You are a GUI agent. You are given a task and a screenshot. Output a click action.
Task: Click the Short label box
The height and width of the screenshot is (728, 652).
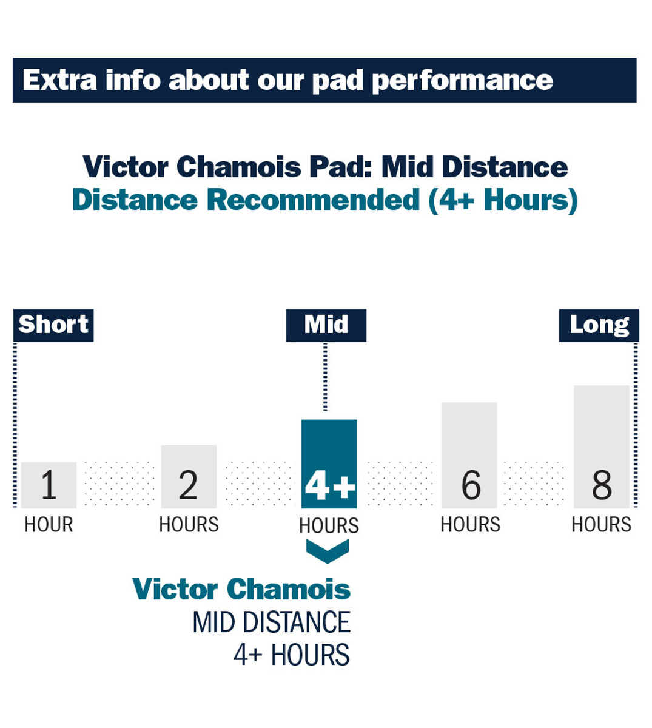tap(53, 325)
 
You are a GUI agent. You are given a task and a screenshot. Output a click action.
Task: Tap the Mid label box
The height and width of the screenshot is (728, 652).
tap(326, 325)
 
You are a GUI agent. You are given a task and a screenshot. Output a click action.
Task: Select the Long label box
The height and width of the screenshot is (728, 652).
tap(599, 325)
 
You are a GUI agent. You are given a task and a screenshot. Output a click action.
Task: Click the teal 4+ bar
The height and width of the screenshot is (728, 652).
tap(329, 464)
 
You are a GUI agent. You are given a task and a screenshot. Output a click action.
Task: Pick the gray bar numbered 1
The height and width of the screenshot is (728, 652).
tap(49, 485)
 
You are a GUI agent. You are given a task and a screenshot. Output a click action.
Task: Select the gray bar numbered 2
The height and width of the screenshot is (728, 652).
tap(189, 477)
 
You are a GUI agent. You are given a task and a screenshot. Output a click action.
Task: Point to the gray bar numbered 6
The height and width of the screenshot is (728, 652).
tap(469, 455)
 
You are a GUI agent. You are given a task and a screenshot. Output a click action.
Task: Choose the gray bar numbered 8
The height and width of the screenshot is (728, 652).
tap(602, 447)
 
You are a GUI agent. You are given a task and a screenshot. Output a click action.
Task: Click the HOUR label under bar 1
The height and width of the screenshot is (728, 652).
tap(49, 525)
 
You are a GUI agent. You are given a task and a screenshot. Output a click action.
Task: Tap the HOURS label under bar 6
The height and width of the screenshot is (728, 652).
tap(470, 525)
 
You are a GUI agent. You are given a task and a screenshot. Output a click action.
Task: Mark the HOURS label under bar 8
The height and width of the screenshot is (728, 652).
tap(601, 525)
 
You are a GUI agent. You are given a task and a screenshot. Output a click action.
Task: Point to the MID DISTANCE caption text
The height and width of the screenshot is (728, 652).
tap(272, 622)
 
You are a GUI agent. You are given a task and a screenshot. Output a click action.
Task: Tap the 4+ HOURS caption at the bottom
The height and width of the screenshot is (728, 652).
tap(292, 655)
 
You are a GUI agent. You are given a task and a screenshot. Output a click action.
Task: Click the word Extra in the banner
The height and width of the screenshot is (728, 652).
tap(59, 79)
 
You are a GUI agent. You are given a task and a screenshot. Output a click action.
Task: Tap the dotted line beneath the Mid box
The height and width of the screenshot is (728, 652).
tap(326, 377)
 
